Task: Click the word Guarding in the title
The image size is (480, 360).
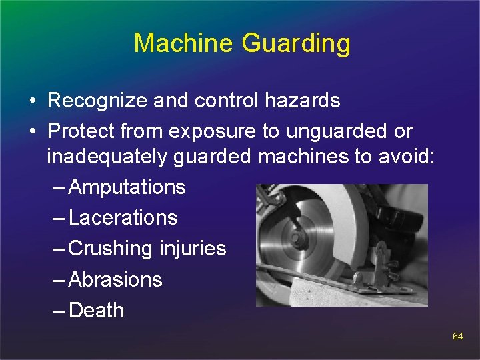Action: (296, 44)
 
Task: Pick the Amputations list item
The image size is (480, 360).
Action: (127, 187)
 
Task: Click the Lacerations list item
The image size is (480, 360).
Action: (123, 218)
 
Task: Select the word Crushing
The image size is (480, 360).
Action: (111, 249)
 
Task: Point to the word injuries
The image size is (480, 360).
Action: (193, 249)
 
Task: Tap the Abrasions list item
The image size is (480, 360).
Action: (115, 279)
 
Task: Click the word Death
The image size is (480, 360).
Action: (96, 310)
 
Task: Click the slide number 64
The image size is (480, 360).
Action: (457, 337)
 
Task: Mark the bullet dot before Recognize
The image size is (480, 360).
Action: (31, 102)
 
